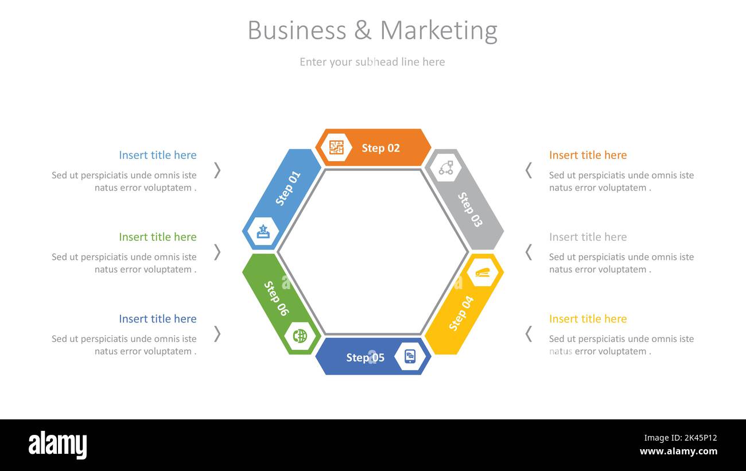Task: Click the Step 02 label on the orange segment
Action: [x=380, y=148]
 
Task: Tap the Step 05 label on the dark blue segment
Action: [x=366, y=358]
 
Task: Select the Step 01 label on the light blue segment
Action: [x=287, y=188]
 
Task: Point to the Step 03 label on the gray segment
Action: [x=470, y=210]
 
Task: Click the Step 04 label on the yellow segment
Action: [x=461, y=313]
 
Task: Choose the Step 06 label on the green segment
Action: [x=277, y=298]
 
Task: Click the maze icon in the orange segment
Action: [x=336, y=147]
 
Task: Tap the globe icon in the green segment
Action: [x=300, y=336]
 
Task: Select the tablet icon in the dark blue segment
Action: [x=410, y=356]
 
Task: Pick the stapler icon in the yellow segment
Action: [x=483, y=273]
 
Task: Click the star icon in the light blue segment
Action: [x=263, y=231]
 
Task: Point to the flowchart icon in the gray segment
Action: [x=446, y=168]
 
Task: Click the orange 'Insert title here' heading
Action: [x=588, y=155]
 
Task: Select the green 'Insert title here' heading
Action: [x=158, y=237]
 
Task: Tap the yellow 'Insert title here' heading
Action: [x=588, y=319]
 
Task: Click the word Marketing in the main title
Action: [x=439, y=31]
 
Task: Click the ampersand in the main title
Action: [x=363, y=30]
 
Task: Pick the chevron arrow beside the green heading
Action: [x=217, y=252]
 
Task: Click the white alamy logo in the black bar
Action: [x=57, y=445]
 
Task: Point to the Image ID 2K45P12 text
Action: [x=681, y=438]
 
